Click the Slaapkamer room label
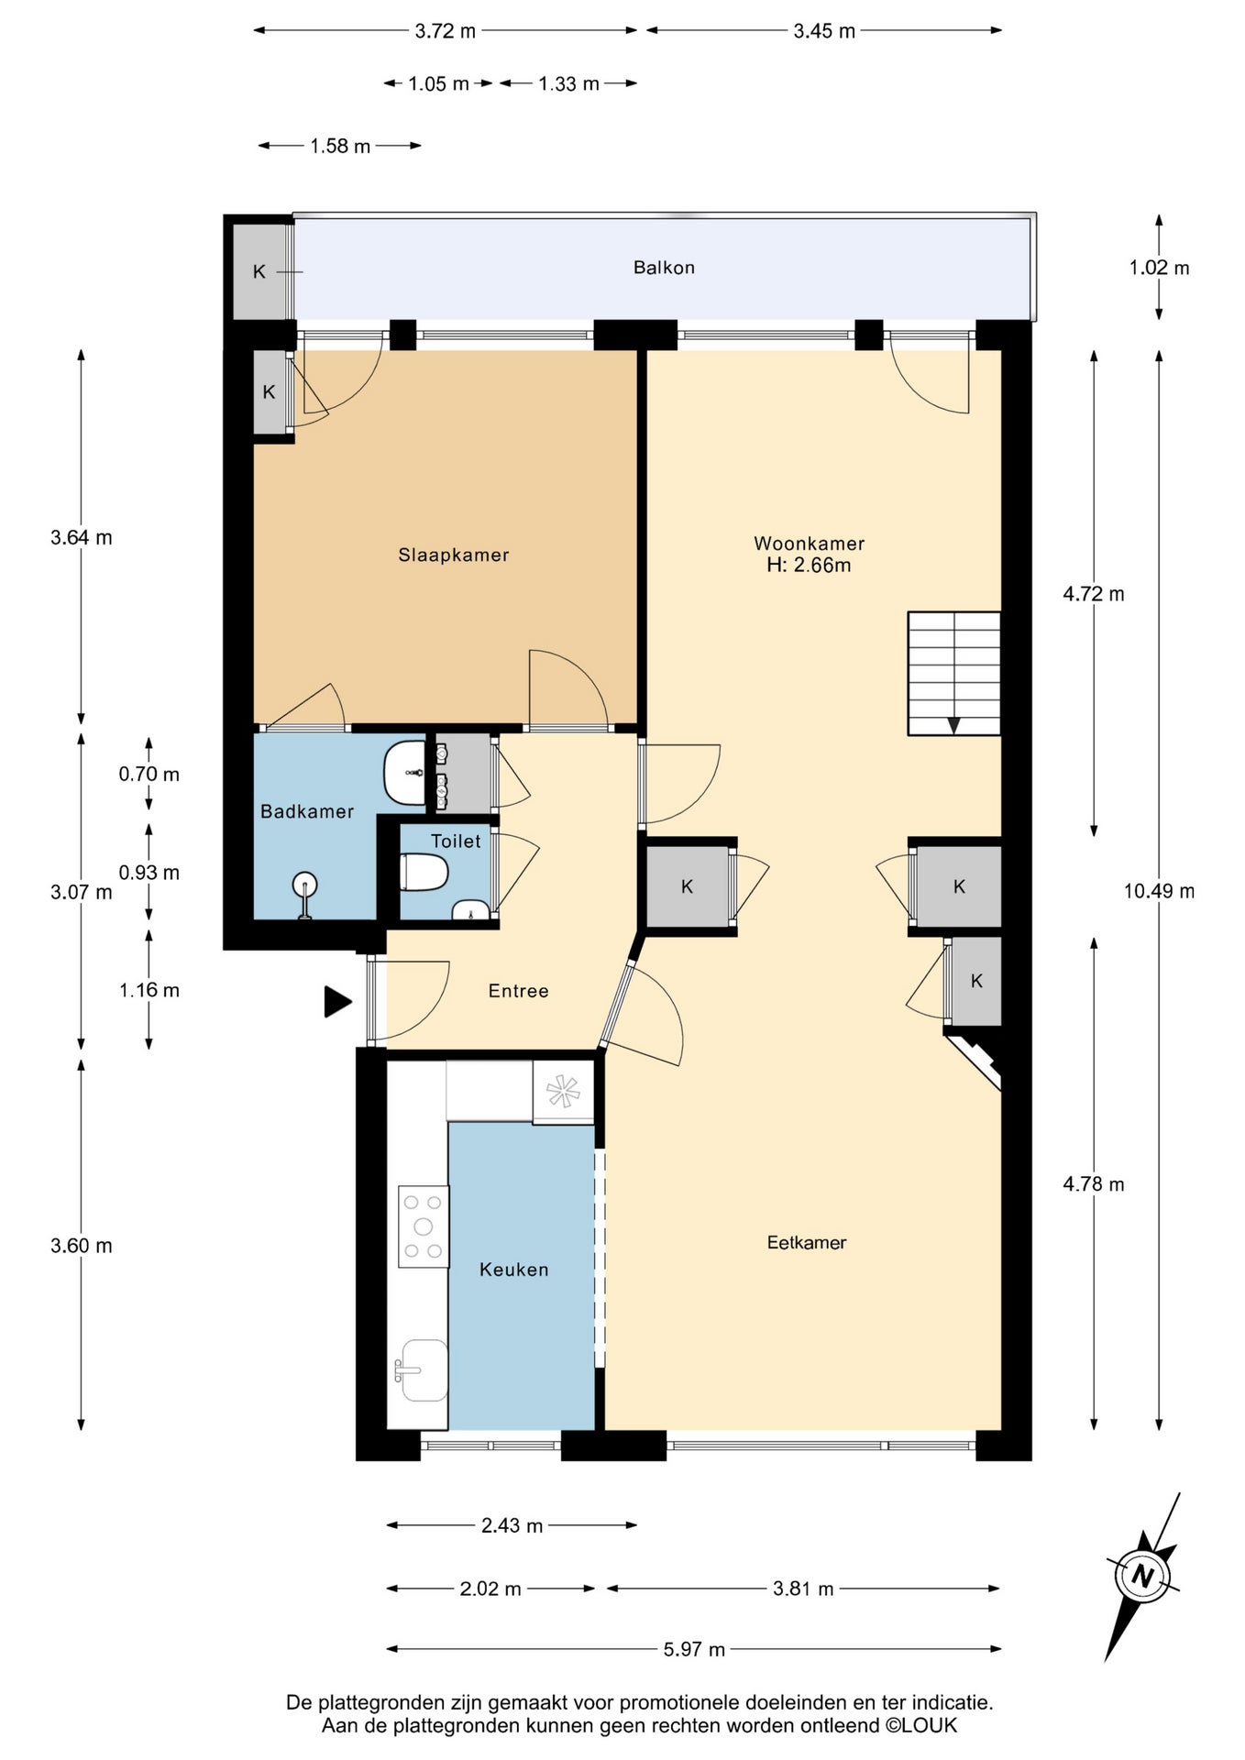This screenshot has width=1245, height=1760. pyautogui.click(x=453, y=555)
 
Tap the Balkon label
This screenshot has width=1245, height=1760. pyautogui.click(x=664, y=268)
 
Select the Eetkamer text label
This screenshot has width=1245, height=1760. pyautogui.click(x=807, y=1242)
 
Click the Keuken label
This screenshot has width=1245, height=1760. pyautogui.click(x=513, y=1270)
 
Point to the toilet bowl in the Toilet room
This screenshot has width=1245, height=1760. pyautogui.click(x=424, y=873)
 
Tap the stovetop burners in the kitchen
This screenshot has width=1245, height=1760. pyautogui.click(x=424, y=1226)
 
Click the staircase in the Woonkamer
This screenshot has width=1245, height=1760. pyautogui.click(x=953, y=673)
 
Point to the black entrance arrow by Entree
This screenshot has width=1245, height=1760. pyautogui.click(x=337, y=1001)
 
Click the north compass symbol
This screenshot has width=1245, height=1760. pyautogui.click(x=1141, y=1577)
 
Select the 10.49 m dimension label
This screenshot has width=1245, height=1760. pyautogui.click(x=1159, y=891)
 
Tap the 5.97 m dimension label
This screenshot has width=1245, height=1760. pyautogui.click(x=694, y=1650)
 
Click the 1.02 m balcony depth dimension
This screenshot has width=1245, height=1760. pyautogui.click(x=1159, y=268)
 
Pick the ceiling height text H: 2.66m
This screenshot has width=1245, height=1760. pyautogui.click(x=809, y=566)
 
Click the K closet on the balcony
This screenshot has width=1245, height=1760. pyautogui.click(x=259, y=271)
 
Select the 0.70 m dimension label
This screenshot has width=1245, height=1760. pyautogui.click(x=149, y=774)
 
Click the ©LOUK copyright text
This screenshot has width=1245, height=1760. pyautogui.click(x=921, y=1725)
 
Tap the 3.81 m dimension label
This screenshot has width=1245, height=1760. pyautogui.click(x=803, y=1589)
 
